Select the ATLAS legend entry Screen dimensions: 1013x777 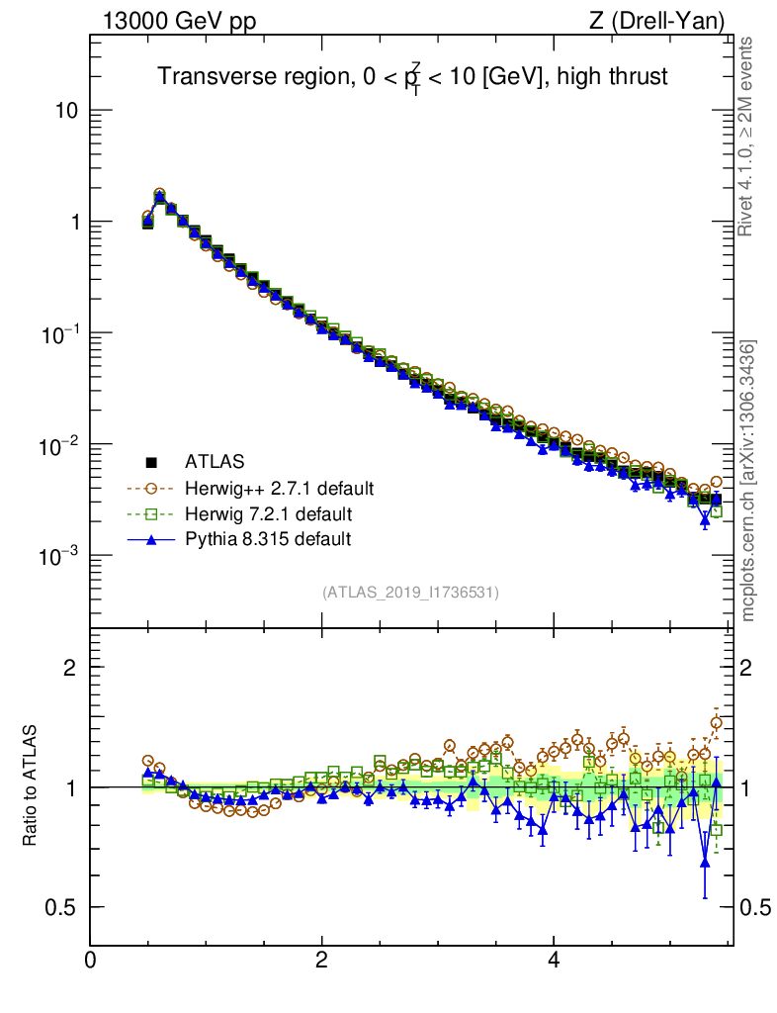214,461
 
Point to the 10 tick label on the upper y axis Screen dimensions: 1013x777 66,111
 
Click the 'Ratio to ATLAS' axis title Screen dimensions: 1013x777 31,786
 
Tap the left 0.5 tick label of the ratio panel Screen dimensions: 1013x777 61,907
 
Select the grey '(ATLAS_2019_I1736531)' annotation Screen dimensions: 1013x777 410,593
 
